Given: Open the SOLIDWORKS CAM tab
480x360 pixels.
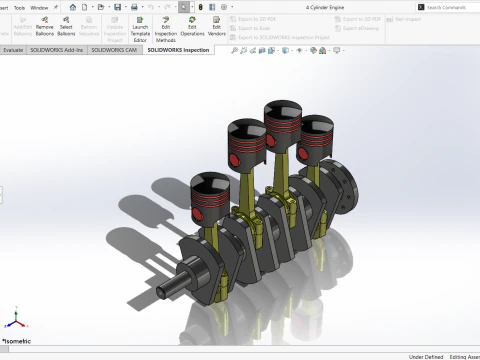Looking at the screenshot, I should pyautogui.click(x=116, y=48).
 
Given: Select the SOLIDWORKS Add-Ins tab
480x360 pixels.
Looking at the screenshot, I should pyautogui.click(x=59, y=48).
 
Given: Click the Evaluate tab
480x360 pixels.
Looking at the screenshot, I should pyautogui.click(x=13, y=48).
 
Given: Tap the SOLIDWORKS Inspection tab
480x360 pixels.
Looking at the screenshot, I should pyautogui.click(x=178, y=48).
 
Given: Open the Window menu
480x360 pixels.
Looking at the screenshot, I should pyautogui.click(x=39, y=7).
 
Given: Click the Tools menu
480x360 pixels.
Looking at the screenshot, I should pyautogui.click(x=19, y=7).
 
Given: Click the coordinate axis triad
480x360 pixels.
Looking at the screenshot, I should pyautogui.click(x=13, y=322).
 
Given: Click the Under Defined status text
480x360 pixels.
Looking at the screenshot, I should pyautogui.click(x=426, y=355).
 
